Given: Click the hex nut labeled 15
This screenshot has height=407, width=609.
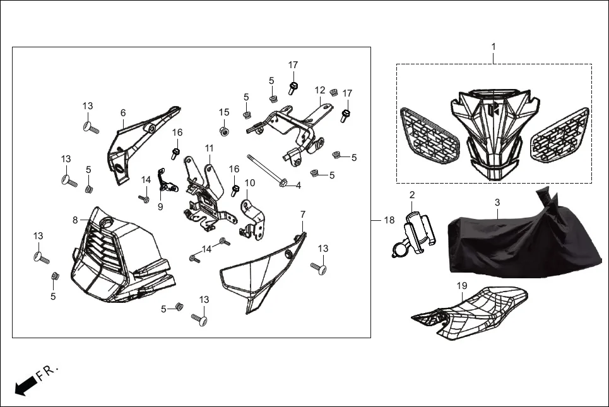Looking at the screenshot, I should [223, 131].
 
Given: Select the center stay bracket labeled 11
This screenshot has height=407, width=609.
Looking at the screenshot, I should [205, 192].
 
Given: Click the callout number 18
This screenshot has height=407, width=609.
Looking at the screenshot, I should [389, 220].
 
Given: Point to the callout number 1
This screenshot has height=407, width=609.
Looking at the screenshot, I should [494, 47].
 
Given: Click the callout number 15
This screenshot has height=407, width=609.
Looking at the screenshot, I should [224, 112].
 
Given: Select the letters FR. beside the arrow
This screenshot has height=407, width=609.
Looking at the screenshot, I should [48, 372].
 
